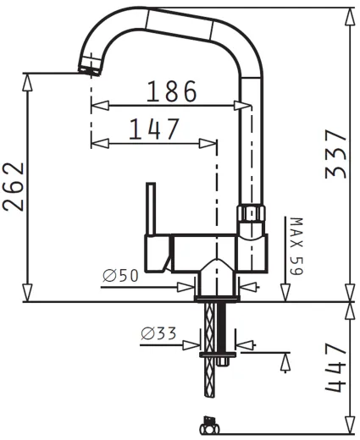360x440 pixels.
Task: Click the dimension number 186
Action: [172, 91]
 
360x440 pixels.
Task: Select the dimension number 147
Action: [154, 129]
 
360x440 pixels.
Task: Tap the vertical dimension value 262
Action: [14, 187]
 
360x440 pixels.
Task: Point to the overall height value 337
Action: [335, 154]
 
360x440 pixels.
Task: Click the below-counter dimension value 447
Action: [335, 367]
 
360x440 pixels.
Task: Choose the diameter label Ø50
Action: [120, 276]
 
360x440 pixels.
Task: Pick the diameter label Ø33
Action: [158, 333]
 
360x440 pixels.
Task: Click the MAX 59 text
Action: [296, 246]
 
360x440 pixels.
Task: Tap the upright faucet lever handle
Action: [151, 209]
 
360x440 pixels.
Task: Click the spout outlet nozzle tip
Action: [89, 70]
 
